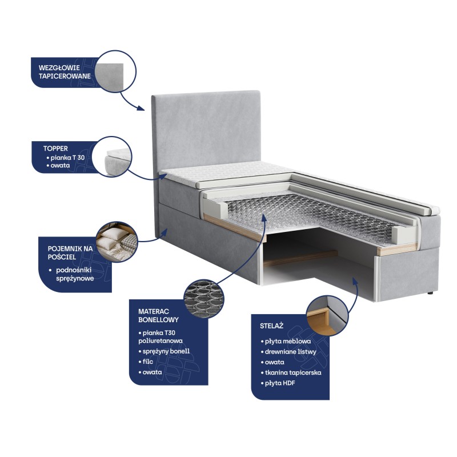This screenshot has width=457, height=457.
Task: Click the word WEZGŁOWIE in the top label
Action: (59, 68)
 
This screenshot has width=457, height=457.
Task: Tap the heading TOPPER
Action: (55, 149)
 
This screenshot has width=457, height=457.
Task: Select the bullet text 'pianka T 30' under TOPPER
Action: (67, 158)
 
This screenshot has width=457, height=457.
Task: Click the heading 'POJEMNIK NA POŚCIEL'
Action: (70, 252)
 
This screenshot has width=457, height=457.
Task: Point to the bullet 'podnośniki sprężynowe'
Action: (75, 274)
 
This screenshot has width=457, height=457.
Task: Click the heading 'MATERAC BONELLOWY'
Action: (158, 316)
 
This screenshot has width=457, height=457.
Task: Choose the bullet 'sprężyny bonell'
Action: (166, 351)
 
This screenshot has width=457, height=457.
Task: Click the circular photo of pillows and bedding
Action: (117, 242)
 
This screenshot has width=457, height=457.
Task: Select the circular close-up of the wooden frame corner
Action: (327, 315)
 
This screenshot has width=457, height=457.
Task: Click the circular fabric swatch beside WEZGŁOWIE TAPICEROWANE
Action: (115, 71)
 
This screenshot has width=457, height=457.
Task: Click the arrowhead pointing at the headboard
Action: (141, 108)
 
